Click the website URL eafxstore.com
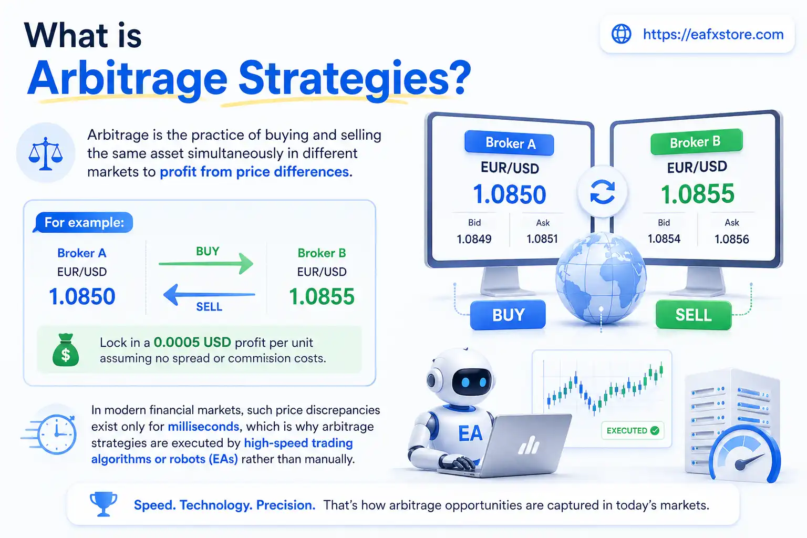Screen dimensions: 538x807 pos(713,35)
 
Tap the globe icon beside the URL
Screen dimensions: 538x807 pos(622,34)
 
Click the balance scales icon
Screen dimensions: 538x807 pos(46,153)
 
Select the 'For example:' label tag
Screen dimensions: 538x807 pos(84,223)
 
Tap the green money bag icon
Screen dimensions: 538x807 pos(66,350)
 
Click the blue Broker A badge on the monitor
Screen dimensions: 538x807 pos(509,143)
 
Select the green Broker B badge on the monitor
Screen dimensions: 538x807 pos(696,142)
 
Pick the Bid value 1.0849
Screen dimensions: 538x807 pos(474,240)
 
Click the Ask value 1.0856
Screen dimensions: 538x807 pos(731,240)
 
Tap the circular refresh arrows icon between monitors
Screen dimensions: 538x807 pos(602,192)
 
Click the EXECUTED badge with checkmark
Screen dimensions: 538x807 pos(632,431)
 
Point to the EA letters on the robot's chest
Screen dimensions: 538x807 pos(470,434)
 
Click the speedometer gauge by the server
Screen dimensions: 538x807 pos(744,457)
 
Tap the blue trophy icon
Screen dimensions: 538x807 pos(104,504)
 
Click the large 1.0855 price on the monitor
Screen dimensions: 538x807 pos(697,194)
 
